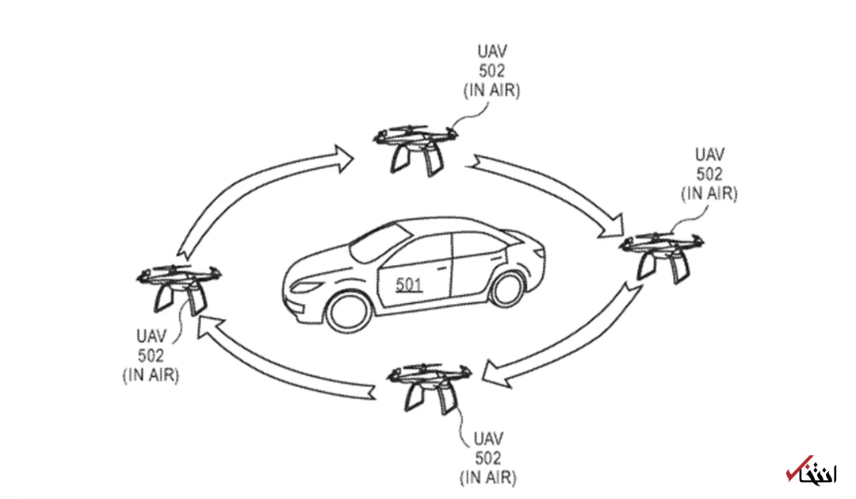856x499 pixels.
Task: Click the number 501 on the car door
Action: [x=408, y=285]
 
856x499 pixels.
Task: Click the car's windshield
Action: [x=380, y=243]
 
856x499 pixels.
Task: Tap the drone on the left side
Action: [x=179, y=289]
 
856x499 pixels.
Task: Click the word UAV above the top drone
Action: [x=492, y=52]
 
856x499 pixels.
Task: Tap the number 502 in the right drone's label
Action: [x=709, y=174]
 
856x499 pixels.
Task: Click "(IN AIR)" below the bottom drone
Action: [x=487, y=477]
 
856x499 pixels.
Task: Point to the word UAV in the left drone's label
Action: [x=151, y=336]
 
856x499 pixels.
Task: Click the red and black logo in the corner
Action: [x=812, y=470]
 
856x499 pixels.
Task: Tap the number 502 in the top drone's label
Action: [x=492, y=71]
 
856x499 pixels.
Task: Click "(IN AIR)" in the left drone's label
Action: [x=151, y=375]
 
